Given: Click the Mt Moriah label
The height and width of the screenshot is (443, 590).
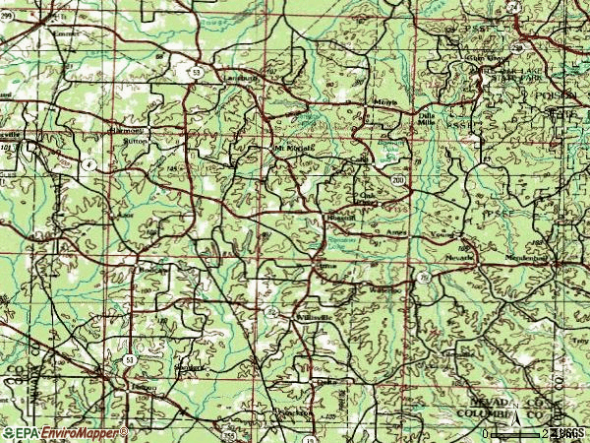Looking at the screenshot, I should pos(292,149).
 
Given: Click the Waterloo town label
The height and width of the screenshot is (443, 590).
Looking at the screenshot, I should pos(385,290).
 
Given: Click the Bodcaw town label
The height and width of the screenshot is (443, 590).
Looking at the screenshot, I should pos(151,268).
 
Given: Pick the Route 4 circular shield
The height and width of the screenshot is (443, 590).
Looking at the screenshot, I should pos(88,164).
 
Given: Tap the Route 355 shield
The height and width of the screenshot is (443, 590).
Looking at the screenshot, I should pos(229,434).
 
